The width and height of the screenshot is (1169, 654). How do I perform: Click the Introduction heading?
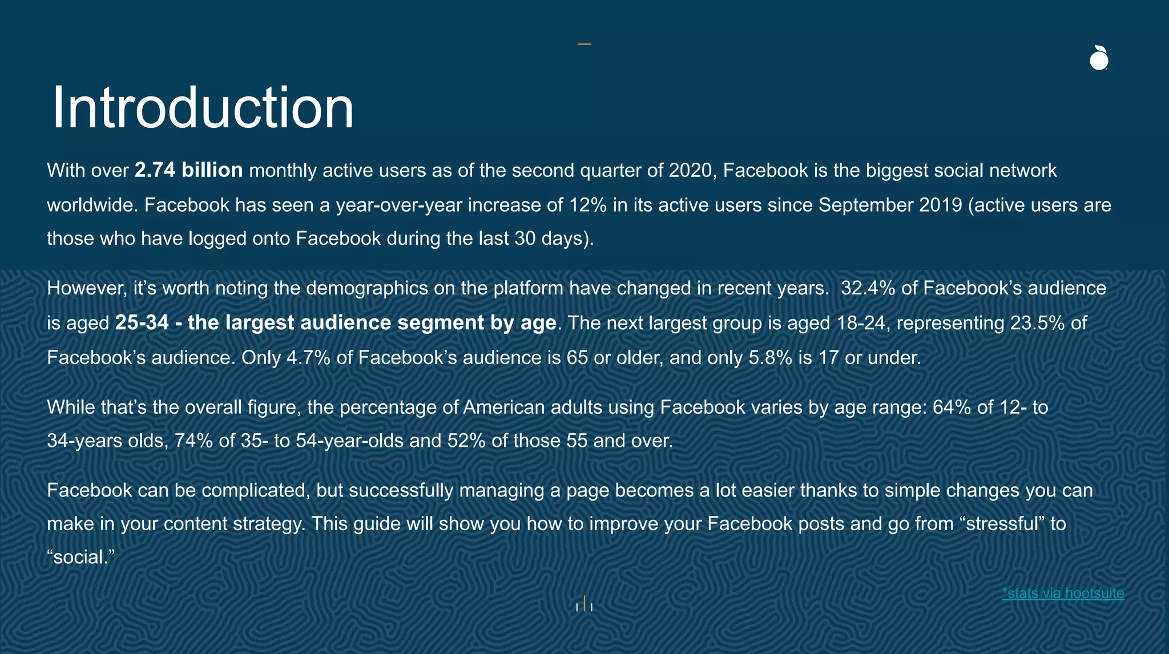[x=203, y=108]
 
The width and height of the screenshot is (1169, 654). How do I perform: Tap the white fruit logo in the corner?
[x=1099, y=58]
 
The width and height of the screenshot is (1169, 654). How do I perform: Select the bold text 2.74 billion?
[x=188, y=170]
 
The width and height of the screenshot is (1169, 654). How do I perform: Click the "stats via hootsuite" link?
[x=1063, y=594]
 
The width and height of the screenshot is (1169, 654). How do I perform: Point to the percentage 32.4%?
[x=868, y=288]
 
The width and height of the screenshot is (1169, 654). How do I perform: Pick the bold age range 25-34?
[x=142, y=323]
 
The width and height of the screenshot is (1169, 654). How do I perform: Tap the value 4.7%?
[x=308, y=358]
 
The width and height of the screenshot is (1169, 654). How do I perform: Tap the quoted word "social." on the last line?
[x=81, y=558]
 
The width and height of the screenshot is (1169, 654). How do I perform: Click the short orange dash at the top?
[x=584, y=44]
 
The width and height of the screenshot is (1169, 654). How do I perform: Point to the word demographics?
[x=367, y=288]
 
